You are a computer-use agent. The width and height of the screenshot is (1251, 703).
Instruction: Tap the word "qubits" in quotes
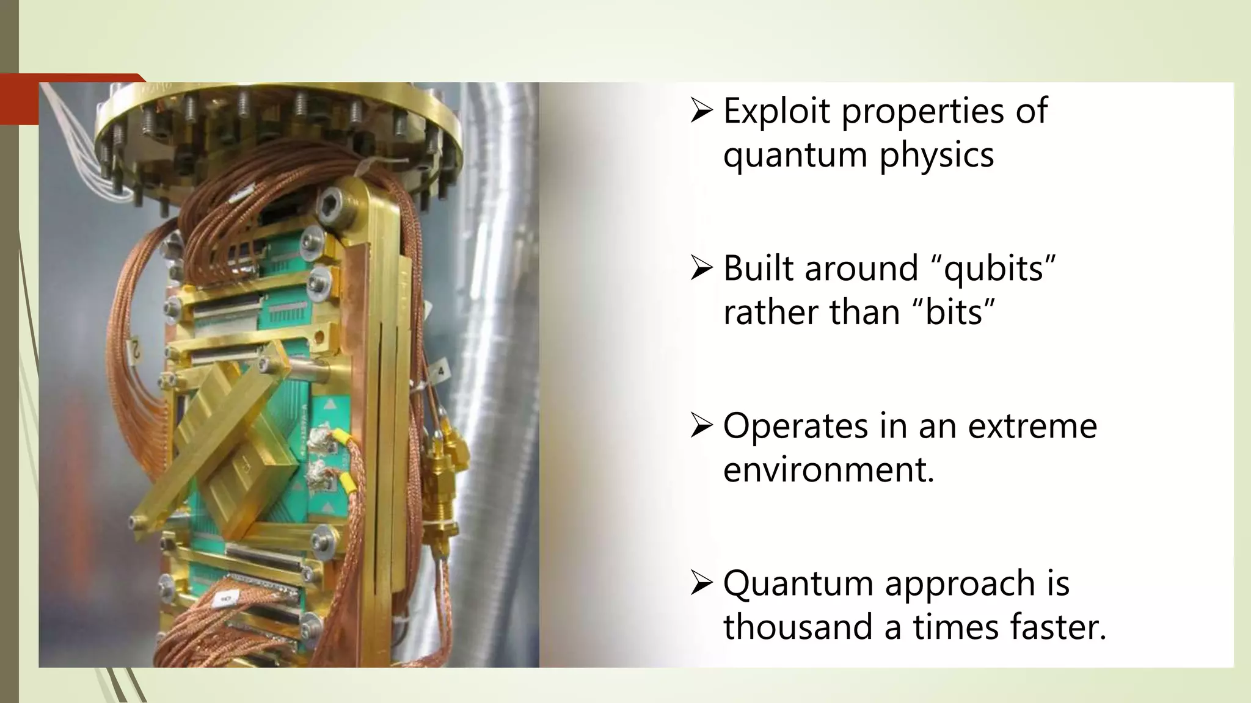click(x=995, y=268)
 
